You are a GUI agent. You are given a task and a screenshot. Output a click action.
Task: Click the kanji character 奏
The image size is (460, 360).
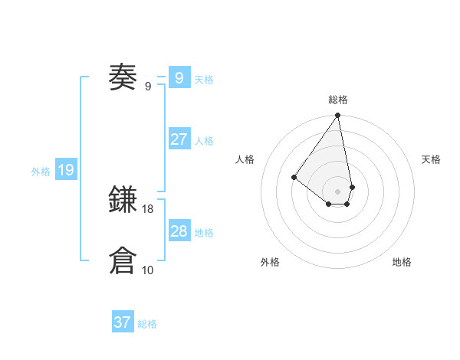pyautogui.click(x=123, y=77)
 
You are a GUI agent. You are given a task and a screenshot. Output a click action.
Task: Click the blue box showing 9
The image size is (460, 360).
pyautogui.click(x=179, y=77)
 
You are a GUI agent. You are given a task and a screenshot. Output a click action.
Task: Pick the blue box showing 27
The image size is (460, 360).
pyautogui.click(x=179, y=139)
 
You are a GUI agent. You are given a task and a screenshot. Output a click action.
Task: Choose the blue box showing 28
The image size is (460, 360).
pyautogui.click(x=179, y=231)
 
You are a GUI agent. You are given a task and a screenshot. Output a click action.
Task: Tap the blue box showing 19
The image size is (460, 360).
pyautogui.click(x=66, y=170)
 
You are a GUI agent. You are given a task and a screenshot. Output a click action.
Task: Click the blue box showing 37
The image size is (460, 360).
pyautogui.click(x=123, y=322)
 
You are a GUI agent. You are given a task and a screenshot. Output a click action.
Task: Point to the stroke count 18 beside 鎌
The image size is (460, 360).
pyautogui.click(x=148, y=208)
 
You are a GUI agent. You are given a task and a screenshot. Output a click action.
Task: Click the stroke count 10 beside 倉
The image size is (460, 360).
pyautogui.click(x=148, y=270)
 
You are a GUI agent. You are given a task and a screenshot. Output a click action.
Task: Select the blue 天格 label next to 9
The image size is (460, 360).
pyautogui.click(x=204, y=80)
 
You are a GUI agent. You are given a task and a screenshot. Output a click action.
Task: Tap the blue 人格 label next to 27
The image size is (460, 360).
pyautogui.click(x=204, y=141)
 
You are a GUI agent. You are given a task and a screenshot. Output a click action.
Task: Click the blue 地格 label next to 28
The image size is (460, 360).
pyautogui.click(x=204, y=233)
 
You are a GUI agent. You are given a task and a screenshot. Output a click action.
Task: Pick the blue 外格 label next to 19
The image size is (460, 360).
pyautogui.click(x=41, y=172)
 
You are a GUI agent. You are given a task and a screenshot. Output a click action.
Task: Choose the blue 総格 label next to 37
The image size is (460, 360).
pyautogui.click(x=147, y=324)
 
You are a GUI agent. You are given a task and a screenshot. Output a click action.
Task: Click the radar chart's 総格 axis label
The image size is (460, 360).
pyautogui.click(x=338, y=100)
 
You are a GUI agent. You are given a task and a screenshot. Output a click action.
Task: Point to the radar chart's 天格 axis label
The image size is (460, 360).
pyautogui.click(x=431, y=159)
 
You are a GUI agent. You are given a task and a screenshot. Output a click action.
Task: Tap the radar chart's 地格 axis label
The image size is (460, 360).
pyautogui.click(x=402, y=262)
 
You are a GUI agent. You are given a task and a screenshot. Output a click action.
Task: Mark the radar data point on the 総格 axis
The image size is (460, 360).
pyautogui.click(x=338, y=116)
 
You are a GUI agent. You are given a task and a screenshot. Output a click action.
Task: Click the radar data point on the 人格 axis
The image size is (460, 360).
pyautogui.click(x=294, y=177)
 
